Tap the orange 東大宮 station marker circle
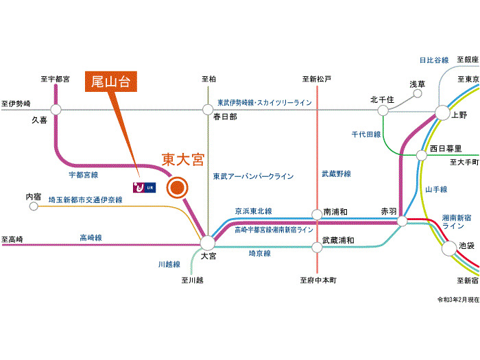pos(177,187)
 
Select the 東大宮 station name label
pos(182,160)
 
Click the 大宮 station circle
pos(208,242)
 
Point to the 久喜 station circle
pos(56,108)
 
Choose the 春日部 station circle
pos(208,108)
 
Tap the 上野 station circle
pos(441,113)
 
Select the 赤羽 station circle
pos(402,221)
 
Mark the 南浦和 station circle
pos(317,214)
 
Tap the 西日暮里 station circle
pos(422,154)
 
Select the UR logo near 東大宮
pos(144,187)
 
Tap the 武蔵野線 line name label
pos(337,174)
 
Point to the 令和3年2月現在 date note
pos(458,300)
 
